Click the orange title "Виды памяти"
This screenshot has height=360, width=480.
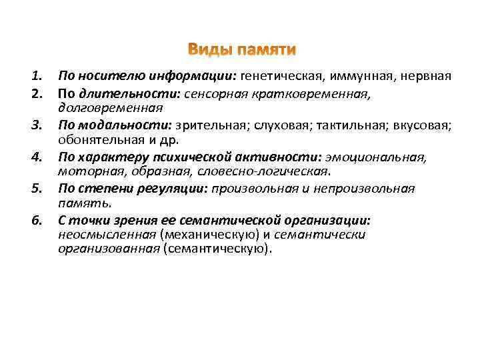pos(241,51)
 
